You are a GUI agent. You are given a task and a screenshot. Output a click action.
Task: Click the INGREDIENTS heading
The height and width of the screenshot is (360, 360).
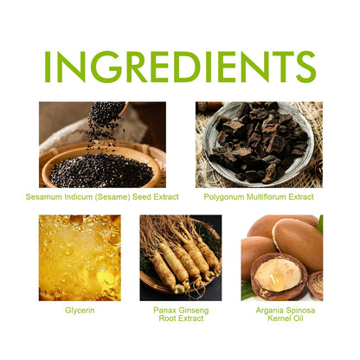[180, 67]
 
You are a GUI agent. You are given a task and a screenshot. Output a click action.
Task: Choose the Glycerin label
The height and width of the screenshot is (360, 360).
[80, 311]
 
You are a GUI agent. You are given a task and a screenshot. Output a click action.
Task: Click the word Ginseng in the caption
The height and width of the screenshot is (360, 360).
[194, 311]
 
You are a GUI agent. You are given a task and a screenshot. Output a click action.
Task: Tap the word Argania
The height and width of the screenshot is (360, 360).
[269, 311]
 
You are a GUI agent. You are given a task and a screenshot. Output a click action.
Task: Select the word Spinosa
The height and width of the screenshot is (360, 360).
[299, 311]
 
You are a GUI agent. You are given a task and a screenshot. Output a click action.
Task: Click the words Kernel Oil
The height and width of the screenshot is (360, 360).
[286, 318]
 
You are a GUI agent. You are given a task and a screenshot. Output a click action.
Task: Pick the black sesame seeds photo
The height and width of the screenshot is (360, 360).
[102, 145]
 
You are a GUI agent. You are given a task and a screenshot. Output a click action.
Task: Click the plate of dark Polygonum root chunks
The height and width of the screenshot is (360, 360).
[258, 142]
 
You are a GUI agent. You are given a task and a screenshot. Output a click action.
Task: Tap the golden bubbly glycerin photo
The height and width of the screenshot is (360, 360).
[80, 258]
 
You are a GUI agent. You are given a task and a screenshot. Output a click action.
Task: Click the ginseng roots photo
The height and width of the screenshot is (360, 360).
[181, 258]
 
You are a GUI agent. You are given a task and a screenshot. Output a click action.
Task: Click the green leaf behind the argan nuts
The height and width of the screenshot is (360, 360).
[320, 224]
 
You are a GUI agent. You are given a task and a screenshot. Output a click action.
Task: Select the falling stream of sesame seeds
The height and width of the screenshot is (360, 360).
[105, 127]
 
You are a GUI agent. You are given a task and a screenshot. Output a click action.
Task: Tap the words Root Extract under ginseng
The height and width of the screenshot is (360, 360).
[181, 318]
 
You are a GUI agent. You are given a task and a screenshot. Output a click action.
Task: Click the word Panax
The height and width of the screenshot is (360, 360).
[164, 311]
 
